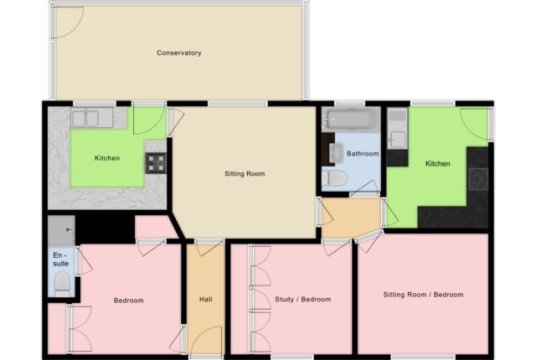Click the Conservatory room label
coord(178,53)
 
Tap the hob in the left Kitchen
coord(157,162)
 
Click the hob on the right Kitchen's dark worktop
coord(478,177)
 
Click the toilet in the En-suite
coord(61,286)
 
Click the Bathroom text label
coord(363,154)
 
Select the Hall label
coord(206,299)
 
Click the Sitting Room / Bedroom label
coord(423,295)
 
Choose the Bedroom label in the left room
coord(128,301)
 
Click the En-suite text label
coord(59,259)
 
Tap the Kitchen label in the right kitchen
coord(437,163)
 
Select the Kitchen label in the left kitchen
coord(106,158)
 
